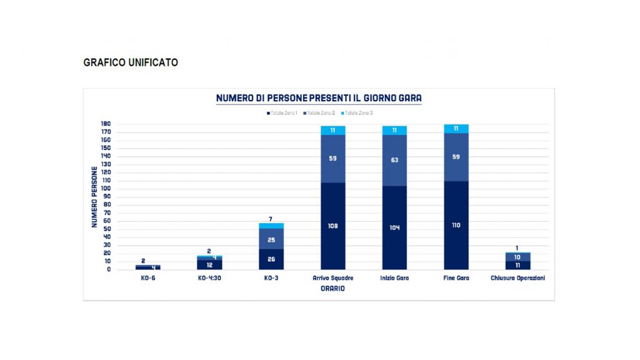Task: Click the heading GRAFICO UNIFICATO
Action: click(131, 62)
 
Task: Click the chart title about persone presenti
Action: click(319, 98)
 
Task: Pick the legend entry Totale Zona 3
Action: click(359, 113)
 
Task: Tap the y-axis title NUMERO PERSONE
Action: click(95, 196)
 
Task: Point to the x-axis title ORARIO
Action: click(333, 288)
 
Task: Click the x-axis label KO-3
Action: click(271, 278)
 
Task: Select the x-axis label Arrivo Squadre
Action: click(332, 278)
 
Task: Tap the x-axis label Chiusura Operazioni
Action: click(517, 278)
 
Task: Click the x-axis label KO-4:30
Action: click(209, 278)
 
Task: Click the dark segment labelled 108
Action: click(333, 226)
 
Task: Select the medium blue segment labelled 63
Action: click(394, 160)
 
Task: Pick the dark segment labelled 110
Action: click(456, 225)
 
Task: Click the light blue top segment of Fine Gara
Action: click(456, 129)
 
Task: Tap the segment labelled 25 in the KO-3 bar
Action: click(271, 239)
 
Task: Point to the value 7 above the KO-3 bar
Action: click(271, 219)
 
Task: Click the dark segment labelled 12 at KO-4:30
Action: click(209, 265)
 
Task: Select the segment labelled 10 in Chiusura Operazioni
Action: click(517, 257)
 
